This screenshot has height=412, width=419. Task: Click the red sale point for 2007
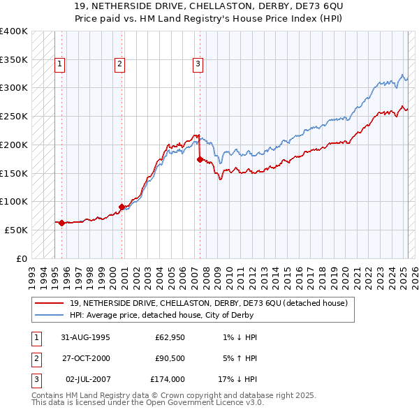(x=200, y=159)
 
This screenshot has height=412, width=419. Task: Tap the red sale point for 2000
(x=122, y=207)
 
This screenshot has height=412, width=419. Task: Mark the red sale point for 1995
(x=61, y=223)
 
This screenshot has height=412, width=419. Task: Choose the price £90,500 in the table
(x=168, y=358)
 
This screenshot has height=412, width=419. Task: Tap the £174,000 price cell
(x=168, y=380)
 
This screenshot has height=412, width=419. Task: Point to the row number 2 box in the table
(x=36, y=358)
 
